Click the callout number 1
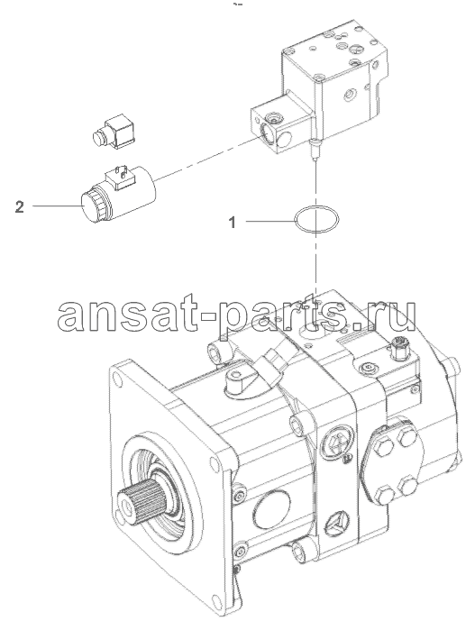point(232,222)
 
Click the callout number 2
point(19,206)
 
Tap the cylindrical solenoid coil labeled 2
point(119,196)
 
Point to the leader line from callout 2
point(57,206)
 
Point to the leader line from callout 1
point(270,221)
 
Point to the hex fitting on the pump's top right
point(398,347)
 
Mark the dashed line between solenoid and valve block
point(206,157)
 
